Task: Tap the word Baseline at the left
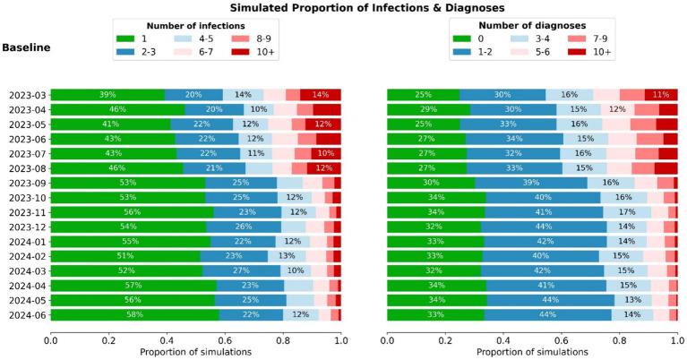pyautogui.click(x=26, y=46)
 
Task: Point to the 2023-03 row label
pyautogui.click(x=28, y=95)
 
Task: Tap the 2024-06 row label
pyautogui.click(x=28, y=314)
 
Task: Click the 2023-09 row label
pyautogui.click(x=28, y=183)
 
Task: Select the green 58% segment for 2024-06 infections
pyautogui.click(x=134, y=314)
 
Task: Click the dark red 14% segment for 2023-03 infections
pyautogui.click(x=321, y=95)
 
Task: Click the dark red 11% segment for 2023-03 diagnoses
pyautogui.click(x=661, y=95)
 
